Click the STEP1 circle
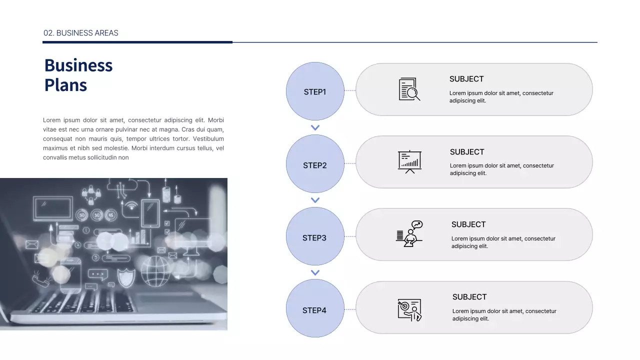315,91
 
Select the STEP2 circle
315,164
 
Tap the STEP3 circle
315,236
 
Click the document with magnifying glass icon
409,89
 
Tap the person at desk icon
409,234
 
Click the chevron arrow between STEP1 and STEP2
315,127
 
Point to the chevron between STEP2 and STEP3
315,200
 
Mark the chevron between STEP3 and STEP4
315,272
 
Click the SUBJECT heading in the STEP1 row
466,79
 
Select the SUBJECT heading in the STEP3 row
468,224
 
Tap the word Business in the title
78,65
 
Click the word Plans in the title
65,85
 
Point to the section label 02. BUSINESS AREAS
81,33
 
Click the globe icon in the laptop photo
155,271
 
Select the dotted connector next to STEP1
350,90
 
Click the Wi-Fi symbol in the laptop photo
131,205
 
